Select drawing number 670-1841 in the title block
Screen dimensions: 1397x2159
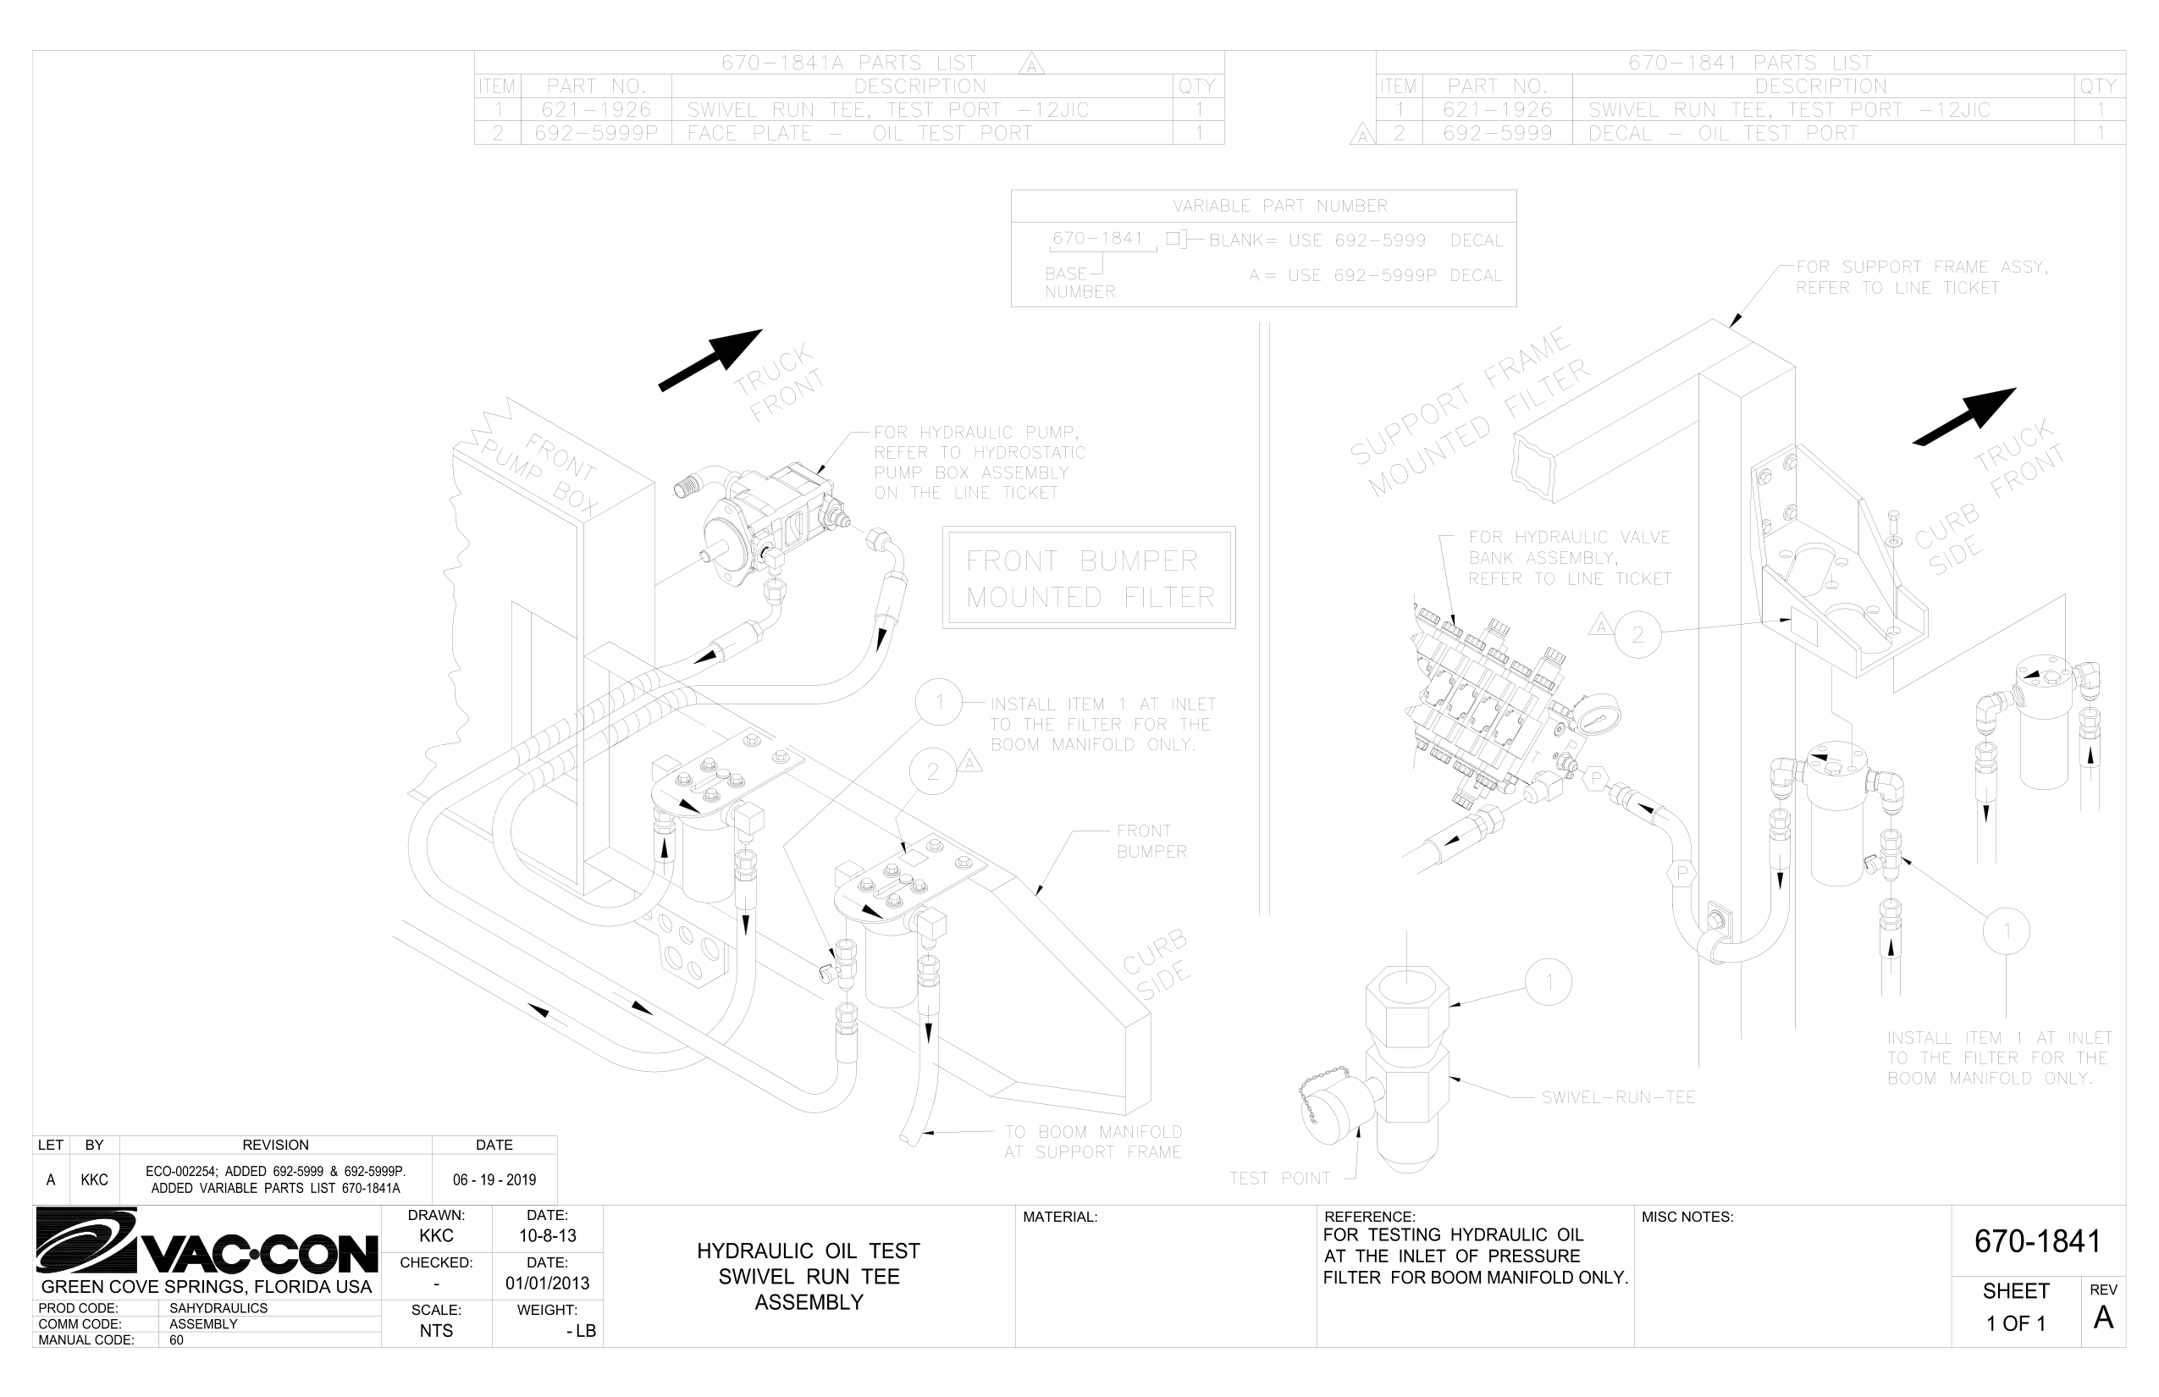coord(2037,1241)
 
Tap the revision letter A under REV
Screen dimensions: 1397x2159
coord(2103,1318)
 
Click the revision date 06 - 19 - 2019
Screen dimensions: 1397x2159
coord(494,1180)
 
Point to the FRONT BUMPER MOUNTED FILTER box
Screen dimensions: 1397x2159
coord(1089,577)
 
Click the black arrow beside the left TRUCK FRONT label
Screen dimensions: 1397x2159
coord(710,360)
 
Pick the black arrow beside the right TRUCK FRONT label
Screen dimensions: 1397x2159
coord(1964,417)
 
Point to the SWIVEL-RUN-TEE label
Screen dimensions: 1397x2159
coord(1618,1097)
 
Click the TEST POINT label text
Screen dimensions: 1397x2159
coord(1279,1179)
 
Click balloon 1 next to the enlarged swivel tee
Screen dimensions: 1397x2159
coord(1549,982)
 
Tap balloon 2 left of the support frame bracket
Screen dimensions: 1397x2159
coord(1637,635)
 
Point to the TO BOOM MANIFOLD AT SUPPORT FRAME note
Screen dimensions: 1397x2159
coord(1092,1142)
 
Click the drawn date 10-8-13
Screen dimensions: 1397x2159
coord(547,1235)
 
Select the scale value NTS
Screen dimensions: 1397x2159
coord(436,1331)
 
